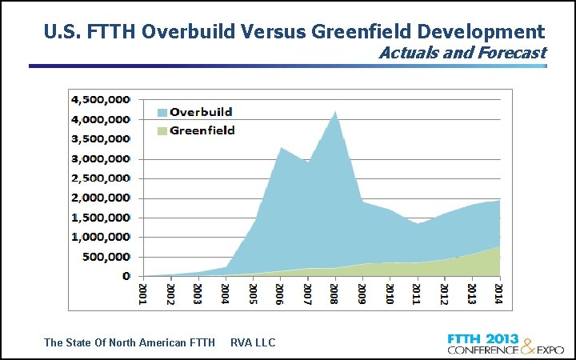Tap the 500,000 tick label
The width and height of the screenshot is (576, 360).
106,257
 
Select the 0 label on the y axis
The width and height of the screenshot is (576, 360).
126,276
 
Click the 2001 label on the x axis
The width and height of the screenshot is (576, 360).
143,292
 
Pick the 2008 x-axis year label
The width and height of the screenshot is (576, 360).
334,292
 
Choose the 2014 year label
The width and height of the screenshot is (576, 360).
499,292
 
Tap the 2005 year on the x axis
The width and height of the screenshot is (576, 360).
253,292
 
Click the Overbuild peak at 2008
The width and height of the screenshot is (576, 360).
335,111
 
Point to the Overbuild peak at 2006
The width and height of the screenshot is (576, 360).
279,148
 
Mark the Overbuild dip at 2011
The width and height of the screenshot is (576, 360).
418,223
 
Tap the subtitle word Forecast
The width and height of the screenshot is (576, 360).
517,53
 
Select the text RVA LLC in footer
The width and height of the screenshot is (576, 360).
253,342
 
